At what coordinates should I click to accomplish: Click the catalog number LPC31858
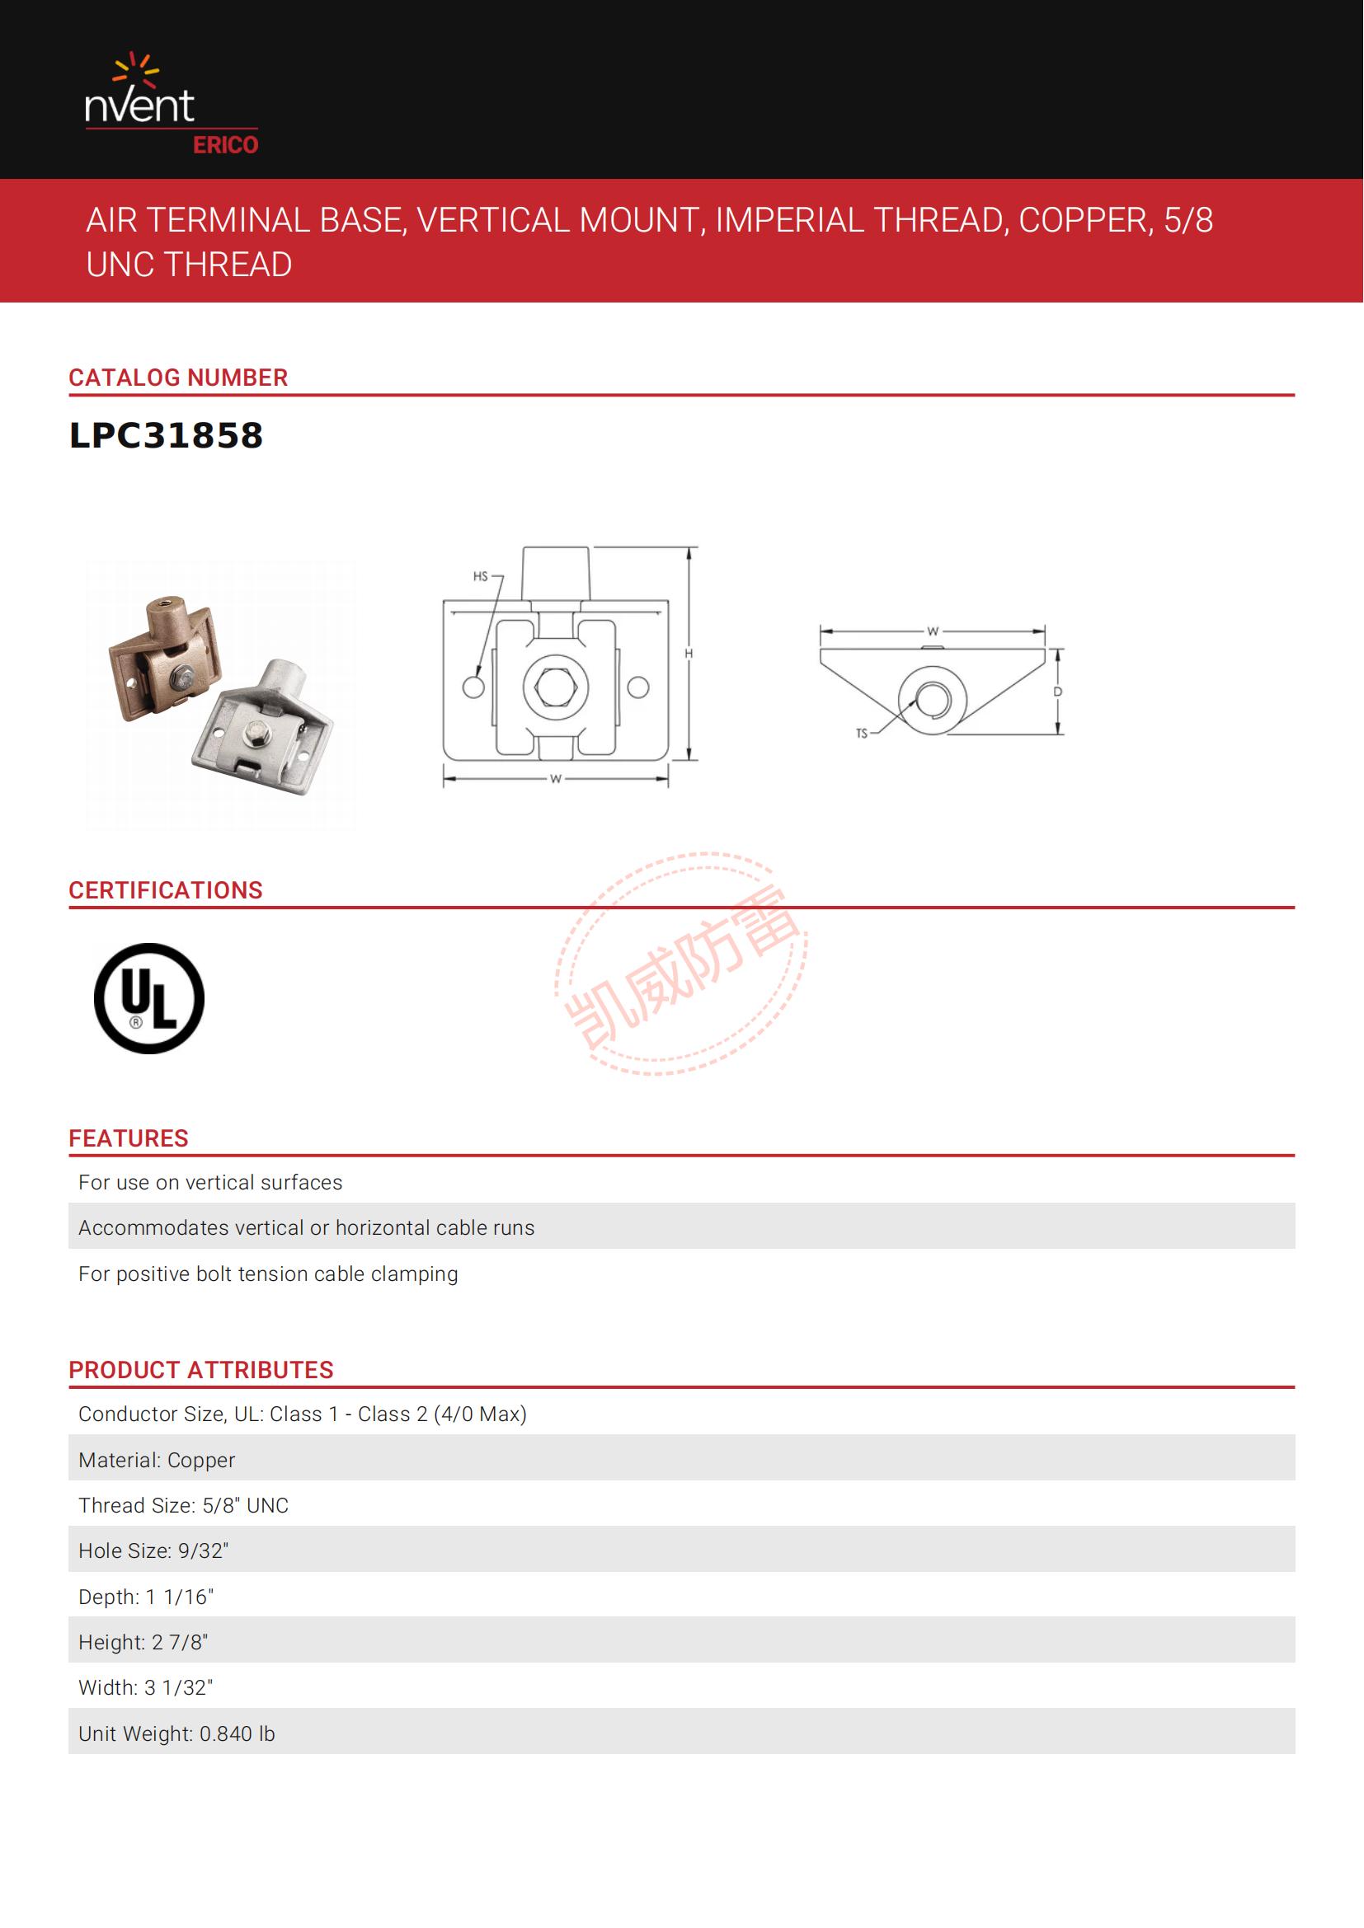(167, 436)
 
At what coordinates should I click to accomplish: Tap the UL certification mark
(148, 998)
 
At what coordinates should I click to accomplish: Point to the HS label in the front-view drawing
(481, 576)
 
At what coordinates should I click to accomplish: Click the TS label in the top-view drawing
(861, 733)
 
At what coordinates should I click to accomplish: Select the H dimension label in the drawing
(689, 654)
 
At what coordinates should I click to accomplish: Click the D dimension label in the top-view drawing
(1057, 692)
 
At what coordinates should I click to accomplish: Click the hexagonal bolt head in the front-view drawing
(555, 687)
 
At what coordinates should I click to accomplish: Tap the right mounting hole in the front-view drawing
(638, 687)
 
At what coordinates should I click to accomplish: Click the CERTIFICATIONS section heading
(166, 890)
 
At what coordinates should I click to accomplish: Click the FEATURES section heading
(129, 1138)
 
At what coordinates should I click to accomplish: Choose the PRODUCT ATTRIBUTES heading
(200, 1370)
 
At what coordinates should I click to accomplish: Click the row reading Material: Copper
(157, 1461)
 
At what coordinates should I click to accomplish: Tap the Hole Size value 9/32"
(203, 1551)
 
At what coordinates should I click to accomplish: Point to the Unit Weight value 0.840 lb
(237, 1734)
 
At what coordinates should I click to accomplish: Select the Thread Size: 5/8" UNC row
(183, 1506)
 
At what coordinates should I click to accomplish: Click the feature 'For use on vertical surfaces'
(210, 1182)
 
